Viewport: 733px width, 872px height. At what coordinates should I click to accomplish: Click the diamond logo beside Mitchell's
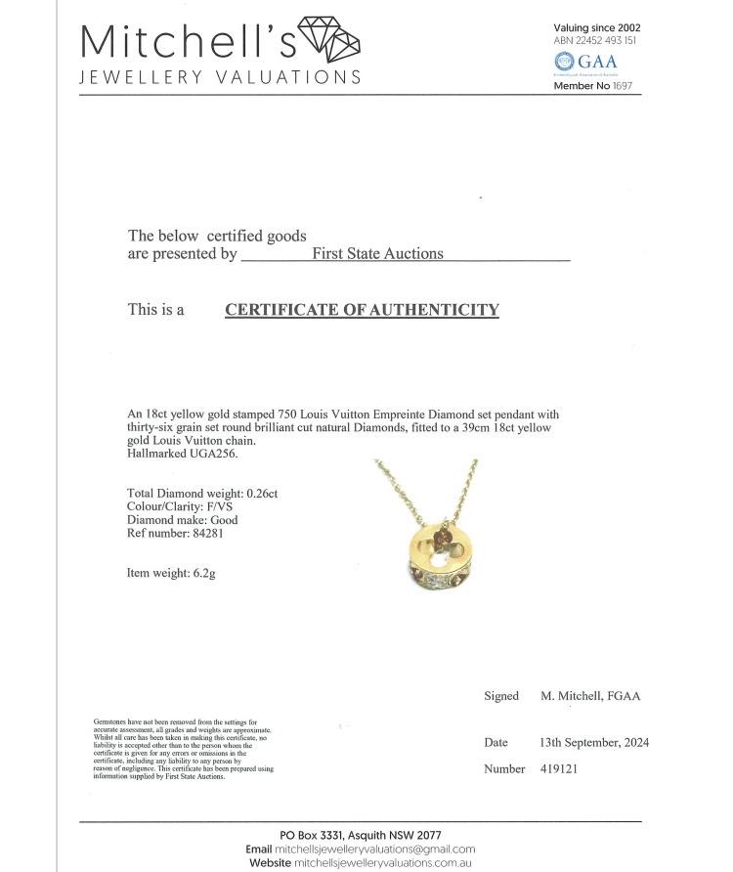[x=328, y=40]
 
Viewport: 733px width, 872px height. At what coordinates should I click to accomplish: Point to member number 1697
[x=623, y=86]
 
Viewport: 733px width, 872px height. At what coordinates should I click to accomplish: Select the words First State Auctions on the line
[x=377, y=254]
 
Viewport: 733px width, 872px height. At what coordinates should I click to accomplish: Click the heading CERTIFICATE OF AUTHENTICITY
[x=362, y=310]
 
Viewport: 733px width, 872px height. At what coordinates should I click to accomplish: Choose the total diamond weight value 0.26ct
[x=258, y=494]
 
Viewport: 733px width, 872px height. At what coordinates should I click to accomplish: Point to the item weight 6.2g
[x=198, y=573]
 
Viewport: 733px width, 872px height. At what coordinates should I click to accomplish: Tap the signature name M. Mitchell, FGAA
[x=590, y=696]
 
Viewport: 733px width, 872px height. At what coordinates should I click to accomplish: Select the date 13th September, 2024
[x=594, y=743]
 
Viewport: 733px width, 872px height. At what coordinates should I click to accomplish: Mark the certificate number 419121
[x=559, y=769]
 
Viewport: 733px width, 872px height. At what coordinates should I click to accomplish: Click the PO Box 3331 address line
[x=360, y=835]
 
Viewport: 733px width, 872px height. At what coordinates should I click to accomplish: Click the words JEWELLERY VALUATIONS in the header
[x=219, y=77]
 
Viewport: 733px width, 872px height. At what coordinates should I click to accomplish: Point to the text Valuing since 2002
[x=597, y=28]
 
